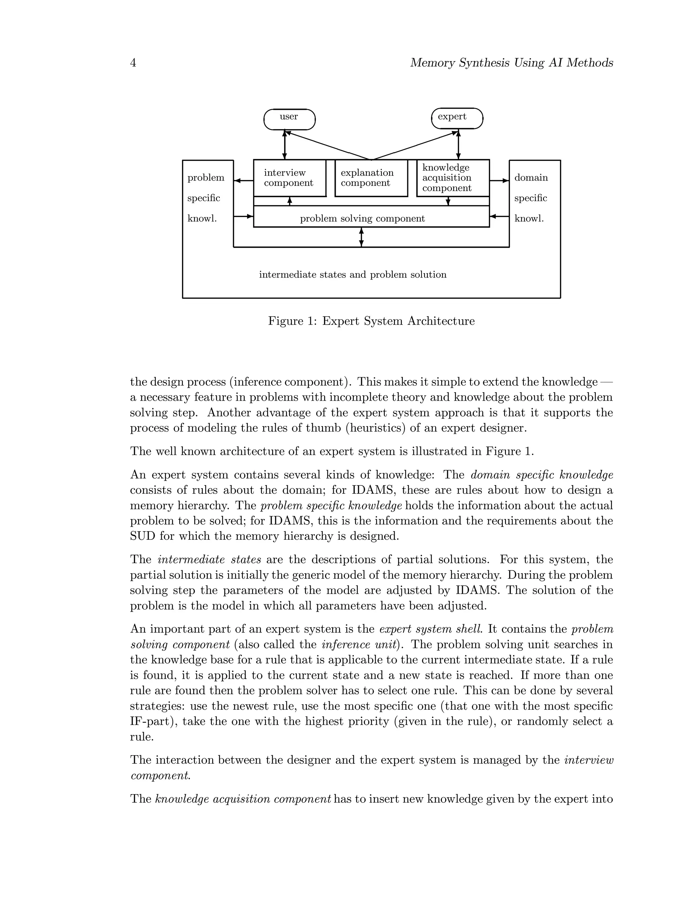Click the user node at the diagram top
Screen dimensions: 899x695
(289, 119)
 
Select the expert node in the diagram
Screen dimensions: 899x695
(457, 118)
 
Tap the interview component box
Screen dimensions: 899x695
(289, 178)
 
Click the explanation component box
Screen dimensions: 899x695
(371, 178)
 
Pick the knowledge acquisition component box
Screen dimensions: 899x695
(452, 178)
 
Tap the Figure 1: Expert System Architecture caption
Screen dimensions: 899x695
(371, 321)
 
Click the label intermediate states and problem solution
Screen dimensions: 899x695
(353, 274)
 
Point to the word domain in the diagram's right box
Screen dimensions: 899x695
(531, 178)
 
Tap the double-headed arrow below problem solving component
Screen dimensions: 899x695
(361, 237)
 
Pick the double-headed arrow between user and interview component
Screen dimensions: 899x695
(284, 145)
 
